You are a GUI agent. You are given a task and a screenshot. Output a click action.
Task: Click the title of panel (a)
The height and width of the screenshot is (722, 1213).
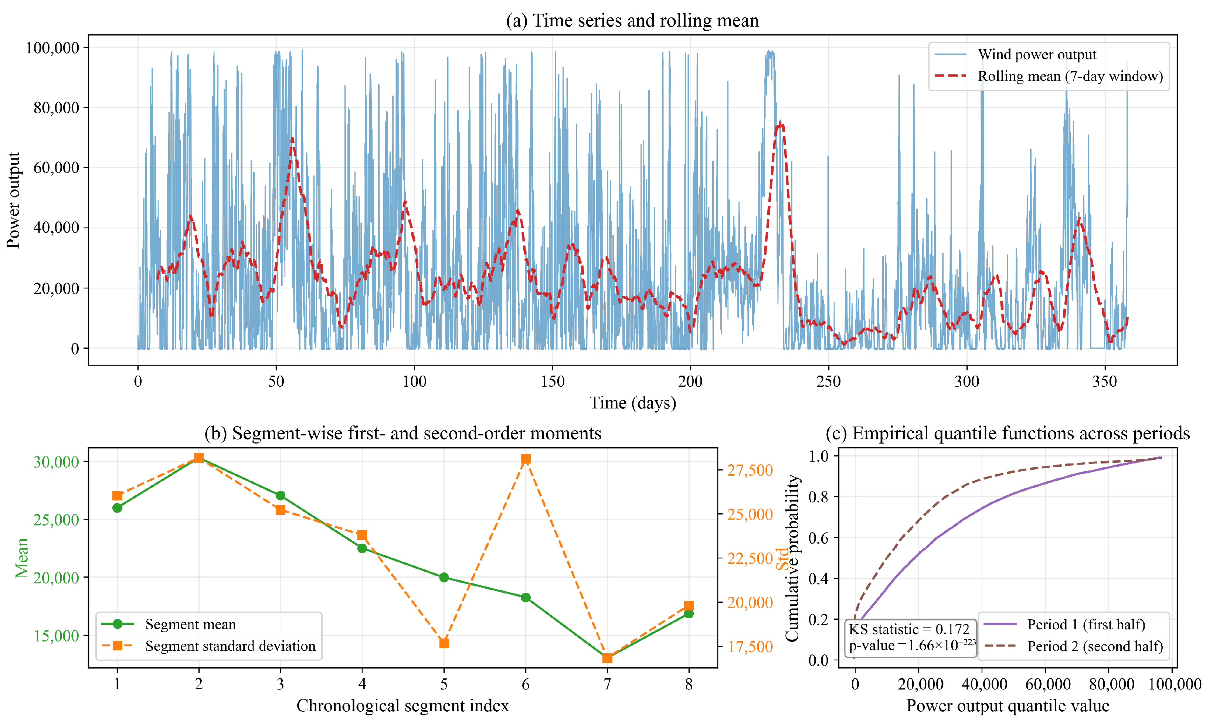[632, 20]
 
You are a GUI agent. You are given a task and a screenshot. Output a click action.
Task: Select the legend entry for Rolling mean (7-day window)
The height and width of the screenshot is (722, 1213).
[1049, 76]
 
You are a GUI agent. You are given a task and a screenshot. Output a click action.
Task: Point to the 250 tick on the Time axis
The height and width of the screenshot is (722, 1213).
[829, 381]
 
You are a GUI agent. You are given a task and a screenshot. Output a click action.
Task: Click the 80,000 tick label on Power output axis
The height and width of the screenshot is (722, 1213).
[57, 107]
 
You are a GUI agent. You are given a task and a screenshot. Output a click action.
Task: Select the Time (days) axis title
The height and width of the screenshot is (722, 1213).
[633, 403]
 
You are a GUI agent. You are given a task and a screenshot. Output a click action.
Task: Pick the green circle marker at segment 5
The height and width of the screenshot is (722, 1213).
[444, 578]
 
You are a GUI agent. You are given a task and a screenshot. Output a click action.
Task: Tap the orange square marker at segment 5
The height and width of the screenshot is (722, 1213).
[444, 643]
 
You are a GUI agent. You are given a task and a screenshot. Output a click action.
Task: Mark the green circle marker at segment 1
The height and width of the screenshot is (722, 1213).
[117, 507]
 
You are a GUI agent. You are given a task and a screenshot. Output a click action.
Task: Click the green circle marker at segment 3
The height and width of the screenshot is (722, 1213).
[281, 495]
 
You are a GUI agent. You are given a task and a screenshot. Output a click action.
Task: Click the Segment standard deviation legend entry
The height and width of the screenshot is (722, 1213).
[209, 646]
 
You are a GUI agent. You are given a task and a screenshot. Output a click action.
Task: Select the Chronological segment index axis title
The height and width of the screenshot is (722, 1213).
[402, 705]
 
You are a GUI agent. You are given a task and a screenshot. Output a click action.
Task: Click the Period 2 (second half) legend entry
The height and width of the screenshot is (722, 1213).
[1073, 646]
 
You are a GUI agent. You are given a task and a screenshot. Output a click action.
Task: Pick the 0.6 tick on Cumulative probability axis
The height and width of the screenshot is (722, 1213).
[818, 538]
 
